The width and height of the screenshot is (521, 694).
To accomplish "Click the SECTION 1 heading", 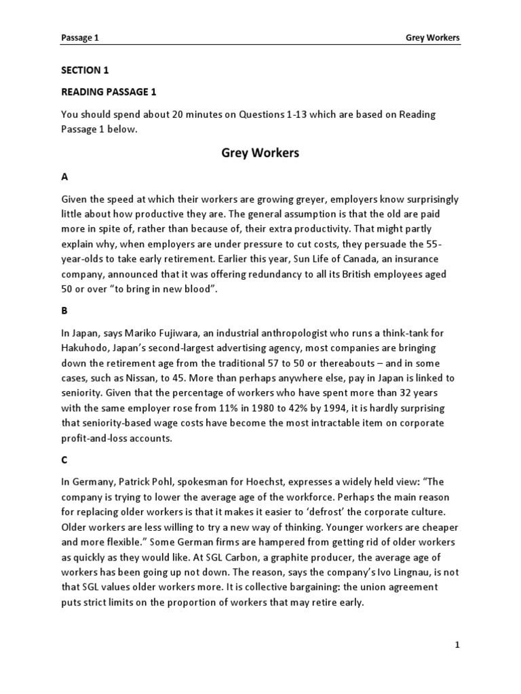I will click(85, 70).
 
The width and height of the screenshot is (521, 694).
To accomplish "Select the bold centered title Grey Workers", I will click(260, 153).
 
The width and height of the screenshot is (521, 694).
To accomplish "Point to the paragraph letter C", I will click(64, 460).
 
